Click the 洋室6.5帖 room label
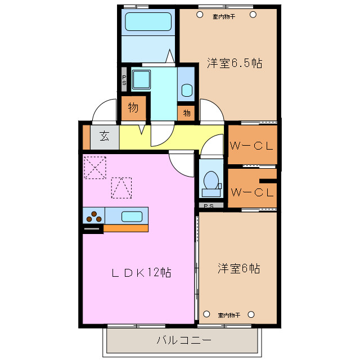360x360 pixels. click(226, 64)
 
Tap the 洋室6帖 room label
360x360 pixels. click(238, 268)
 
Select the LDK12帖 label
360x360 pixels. click(141, 273)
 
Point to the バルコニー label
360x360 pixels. click(183, 340)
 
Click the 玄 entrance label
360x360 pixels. click(105, 137)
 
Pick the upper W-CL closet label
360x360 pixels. click(251, 145)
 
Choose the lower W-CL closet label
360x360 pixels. click(253, 192)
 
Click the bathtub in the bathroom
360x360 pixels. click(147, 23)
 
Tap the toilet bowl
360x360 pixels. click(210, 180)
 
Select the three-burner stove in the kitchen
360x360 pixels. click(93, 215)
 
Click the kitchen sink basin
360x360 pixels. click(132, 216)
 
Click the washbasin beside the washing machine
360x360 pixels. click(187, 89)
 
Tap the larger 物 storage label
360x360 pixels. click(133, 107)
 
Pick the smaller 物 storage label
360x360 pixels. click(187, 113)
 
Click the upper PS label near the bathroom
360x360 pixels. click(124, 79)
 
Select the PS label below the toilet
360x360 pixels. click(209, 206)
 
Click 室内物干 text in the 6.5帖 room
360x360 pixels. click(223, 16)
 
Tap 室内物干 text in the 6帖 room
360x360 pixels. click(229, 314)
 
